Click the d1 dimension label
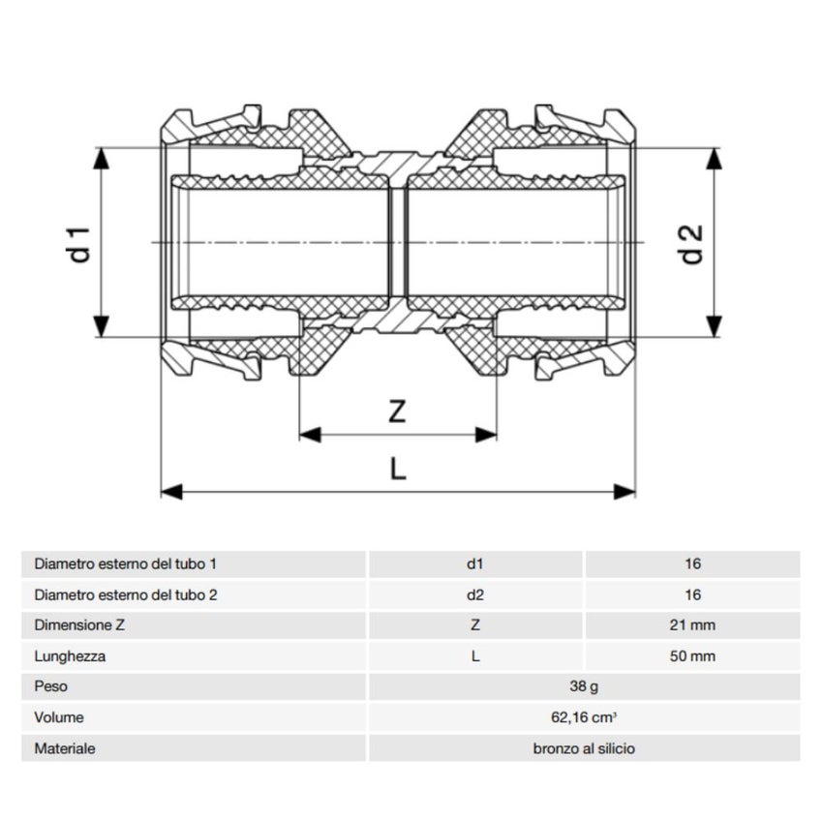(x=81, y=243)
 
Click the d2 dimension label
(x=689, y=243)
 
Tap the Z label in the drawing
(x=397, y=411)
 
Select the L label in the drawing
(x=397, y=470)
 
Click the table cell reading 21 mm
(x=691, y=625)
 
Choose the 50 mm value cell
(x=691, y=656)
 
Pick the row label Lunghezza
(x=70, y=656)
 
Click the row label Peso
(x=50, y=687)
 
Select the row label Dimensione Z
(x=79, y=625)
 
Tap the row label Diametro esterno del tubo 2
(x=125, y=594)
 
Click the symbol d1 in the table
(x=474, y=564)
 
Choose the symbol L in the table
(x=474, y=656)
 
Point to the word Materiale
(x=65, y=749)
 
